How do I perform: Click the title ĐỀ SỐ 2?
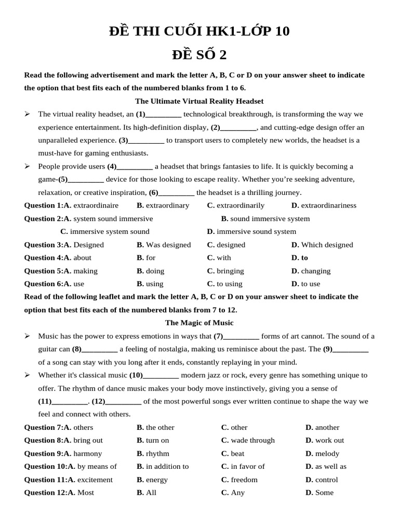[199, 54]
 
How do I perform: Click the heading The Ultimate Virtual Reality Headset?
[199, 101]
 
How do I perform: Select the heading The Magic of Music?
[199, 323]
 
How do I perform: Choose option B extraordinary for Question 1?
[163, 205]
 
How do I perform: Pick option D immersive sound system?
[251, 231]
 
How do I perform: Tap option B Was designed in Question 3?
[164, 245]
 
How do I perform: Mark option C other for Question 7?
[234, 427]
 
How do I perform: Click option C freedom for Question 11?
[240, 480]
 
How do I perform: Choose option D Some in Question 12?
[320, 493]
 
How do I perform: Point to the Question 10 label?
[46, 466]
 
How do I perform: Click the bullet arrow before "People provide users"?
[28, 166]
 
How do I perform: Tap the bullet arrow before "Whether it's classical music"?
[28, 375]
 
